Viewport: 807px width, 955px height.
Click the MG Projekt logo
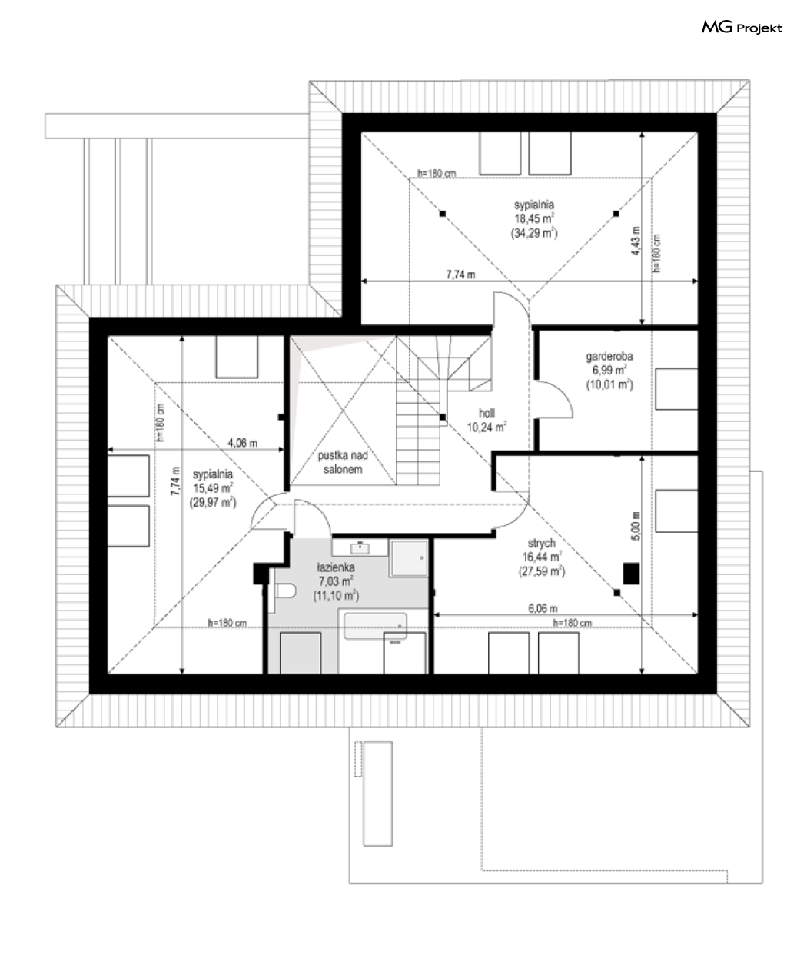pos(742,28)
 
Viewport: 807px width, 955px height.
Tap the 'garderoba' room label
pos(609,356)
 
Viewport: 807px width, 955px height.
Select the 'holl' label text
pos(487,413)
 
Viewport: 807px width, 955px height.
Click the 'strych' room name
pos(541,544)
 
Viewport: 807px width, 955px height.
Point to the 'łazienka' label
pos(336,567)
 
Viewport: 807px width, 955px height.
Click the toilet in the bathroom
pos(285,591)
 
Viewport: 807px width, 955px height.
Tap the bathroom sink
pos(360,548)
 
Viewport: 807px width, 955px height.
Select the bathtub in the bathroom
pos(374,627)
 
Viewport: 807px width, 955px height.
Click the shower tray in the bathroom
pos(409,558)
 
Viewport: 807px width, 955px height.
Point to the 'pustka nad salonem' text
pos(343,462)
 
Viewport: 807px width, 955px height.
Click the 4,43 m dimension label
pos(636,241)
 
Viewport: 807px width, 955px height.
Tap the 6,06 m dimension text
pos(543,608)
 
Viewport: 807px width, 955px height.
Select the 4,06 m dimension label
pos(243,443)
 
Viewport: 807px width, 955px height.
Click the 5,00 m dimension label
pos(636,526)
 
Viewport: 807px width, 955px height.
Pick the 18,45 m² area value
pos(534,218)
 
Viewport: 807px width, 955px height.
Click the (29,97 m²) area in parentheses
pos(213,502)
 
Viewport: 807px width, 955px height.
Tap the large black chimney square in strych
pos(631,574)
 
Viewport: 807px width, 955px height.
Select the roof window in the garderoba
pos(676,389)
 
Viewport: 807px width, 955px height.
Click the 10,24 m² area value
pos(487,428)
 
